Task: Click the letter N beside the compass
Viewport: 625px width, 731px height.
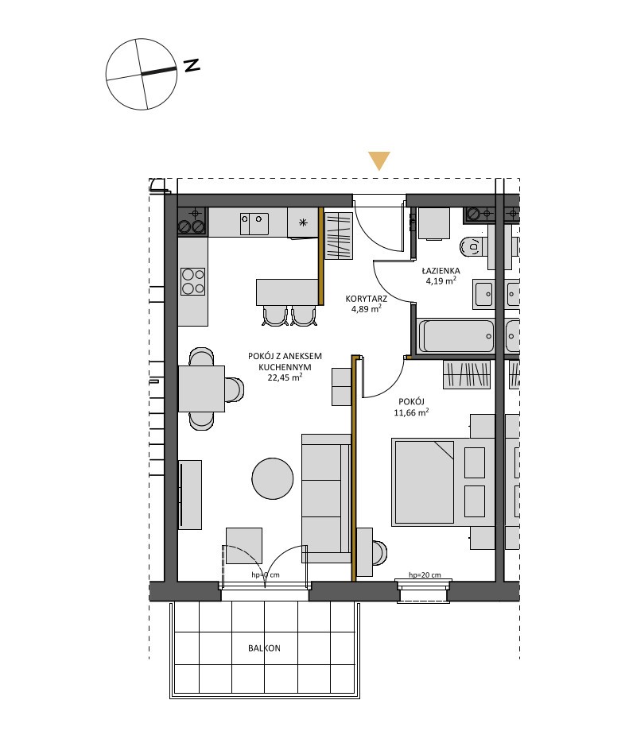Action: pyautogui.click(x=192, y=65)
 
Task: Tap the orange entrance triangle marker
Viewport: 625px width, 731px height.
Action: pyautogui.click(x=378, y=161)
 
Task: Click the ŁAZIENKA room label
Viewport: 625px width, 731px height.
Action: pyautogui.click(x=441, y=270)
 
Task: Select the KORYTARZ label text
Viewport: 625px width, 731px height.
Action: pyautogui.click(x=366, y=299)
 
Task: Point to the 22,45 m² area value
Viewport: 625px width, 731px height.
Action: pyautogui.click(x=285, y=377)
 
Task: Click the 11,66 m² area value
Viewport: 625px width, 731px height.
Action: pyautogui.click(x=411, y=412)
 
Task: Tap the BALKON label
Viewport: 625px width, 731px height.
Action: pyautogui.click(x=265, y=648)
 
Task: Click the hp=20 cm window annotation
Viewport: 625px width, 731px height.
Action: pyautogui.click(x=425, y=574)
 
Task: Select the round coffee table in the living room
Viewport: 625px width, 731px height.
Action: pyautogui.click(x=273, y=478)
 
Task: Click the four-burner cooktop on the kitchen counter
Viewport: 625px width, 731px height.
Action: pyautogui.click(x=192, y=281)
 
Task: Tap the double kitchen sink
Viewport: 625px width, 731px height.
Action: pyautogui.click(x=254, y=224)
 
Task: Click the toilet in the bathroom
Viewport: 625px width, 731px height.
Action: pyautogui.click(x=473, y=246)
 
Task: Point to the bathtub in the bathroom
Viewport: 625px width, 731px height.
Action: pyautogui.click(x=456, y=336)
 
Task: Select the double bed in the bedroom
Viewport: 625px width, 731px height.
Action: pyautogui.click(x=443, y=482)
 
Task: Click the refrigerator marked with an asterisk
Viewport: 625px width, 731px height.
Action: pyautogui.click(x=303, y=222)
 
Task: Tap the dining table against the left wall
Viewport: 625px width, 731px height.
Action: pyautogui.click(x=201, y=389)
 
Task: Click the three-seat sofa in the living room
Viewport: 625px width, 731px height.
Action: pyautogui.click(x=326, y=498)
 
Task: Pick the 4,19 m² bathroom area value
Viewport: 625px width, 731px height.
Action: pyautogui.click(x=441, y=280)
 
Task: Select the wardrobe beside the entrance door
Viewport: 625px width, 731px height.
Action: pyautogui.click(x=338, y=235)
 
